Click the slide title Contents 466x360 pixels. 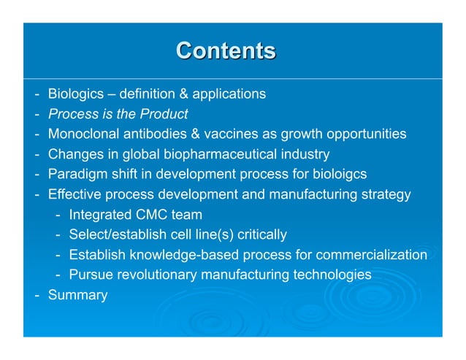coord(226,50)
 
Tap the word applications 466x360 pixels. coord(229,94)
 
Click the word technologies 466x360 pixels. coord(332,275)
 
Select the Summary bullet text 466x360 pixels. coord(77,296)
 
